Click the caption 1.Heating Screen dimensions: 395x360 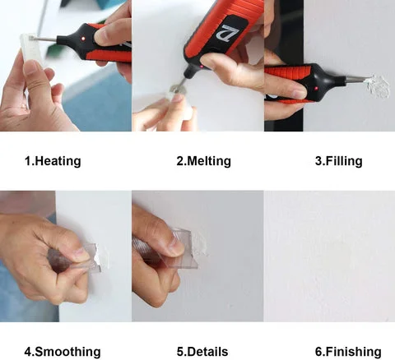point(53,161)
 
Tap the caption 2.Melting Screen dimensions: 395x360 point(204,161)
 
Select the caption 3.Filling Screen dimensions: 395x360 point(339,161)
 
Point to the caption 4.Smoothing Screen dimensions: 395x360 point(63,352)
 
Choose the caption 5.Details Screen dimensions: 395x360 point(202,352)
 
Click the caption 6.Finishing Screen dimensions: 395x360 point(348,352)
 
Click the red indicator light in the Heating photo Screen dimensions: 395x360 point(83,39)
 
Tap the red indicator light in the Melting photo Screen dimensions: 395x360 point(202,67)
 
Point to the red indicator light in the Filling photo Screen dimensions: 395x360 point(316,89)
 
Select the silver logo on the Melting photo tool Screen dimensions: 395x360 point(230,33)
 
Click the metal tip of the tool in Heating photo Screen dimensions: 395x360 point(46,39)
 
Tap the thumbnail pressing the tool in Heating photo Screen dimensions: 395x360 point(100,38)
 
